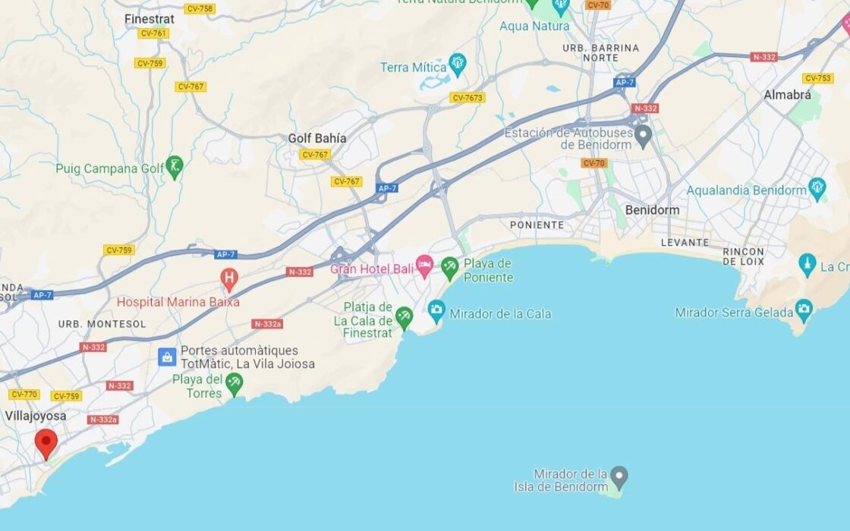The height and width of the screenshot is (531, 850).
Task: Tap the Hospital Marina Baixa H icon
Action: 228,279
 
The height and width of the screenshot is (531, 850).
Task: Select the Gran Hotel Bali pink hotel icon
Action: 424,266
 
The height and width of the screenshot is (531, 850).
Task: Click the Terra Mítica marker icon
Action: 458,65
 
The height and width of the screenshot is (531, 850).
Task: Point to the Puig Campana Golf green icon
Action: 175,167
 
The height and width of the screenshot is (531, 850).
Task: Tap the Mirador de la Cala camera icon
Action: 436,310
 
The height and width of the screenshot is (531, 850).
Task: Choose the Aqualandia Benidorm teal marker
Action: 817,188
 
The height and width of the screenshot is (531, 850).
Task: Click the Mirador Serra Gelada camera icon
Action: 804,309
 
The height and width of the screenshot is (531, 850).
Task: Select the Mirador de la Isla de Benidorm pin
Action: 619,477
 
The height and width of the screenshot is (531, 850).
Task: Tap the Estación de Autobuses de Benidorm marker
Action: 644,137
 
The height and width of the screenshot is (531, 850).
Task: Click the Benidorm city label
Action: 652,209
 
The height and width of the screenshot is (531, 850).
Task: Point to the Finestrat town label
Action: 150,19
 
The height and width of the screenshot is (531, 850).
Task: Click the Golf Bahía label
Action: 317,138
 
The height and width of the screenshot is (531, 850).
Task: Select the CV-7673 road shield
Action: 467,98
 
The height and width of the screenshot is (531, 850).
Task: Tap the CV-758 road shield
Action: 199,8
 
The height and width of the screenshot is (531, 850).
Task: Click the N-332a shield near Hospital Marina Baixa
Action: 268,324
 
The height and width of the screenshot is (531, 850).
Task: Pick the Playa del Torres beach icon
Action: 234,384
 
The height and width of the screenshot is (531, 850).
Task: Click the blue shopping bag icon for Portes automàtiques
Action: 167,357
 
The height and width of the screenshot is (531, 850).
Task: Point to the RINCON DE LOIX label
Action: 743,256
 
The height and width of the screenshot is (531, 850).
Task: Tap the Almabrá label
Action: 787,95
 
